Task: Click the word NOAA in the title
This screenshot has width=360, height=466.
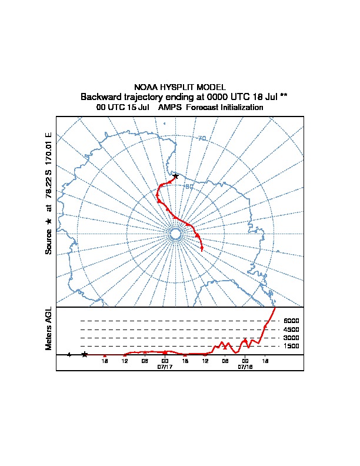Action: [x=146, y=87]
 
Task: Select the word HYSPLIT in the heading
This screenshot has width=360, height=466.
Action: [x=176, y=87]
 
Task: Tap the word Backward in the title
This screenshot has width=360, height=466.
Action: [x=100, y=96]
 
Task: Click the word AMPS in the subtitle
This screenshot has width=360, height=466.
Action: [x=170, y=108]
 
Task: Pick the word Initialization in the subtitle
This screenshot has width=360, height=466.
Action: [x=238, y=108]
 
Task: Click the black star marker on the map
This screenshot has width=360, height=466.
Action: [x=175, y=176]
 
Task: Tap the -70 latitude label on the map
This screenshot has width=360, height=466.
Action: [x=201, y=139]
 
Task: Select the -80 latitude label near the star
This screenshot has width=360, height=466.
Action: [x=188, y=187]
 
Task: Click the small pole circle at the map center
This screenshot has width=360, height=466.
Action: [x=175, y=234]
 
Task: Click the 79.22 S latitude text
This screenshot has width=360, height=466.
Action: [x=49, y=184]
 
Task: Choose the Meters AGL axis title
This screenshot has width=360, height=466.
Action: [x=49, y=329]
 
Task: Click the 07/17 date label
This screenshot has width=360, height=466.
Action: [x=165, y=367]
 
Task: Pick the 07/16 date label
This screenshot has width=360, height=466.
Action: [x=245, y=367]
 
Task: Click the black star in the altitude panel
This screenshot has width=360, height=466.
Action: [x=85, y=354]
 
